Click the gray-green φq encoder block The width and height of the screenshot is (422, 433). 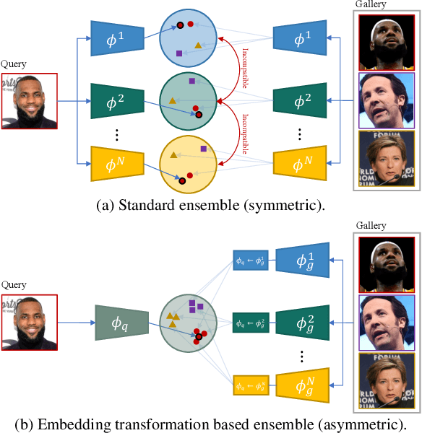tap(121, 322)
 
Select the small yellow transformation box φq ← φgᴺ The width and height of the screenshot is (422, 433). tap(251, 387)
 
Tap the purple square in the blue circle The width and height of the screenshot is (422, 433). tap(179, 53)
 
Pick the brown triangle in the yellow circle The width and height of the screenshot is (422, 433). tap(173, 154)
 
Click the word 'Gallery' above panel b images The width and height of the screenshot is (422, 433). tap(371, 225)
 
